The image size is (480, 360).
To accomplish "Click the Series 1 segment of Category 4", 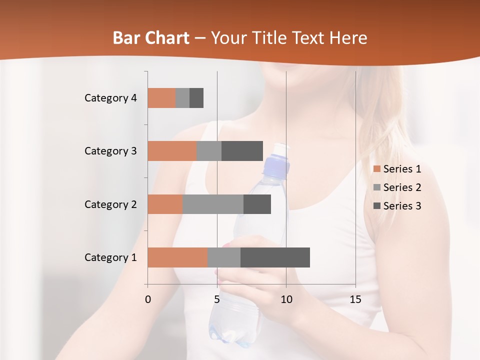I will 161,98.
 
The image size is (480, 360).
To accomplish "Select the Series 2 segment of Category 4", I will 182,98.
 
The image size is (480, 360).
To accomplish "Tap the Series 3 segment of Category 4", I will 196,98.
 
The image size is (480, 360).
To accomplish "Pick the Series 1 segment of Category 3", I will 172,151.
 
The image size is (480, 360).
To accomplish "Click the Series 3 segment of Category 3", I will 242,151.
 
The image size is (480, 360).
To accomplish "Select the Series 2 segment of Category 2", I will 213,204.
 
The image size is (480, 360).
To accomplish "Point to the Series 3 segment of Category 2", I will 257,204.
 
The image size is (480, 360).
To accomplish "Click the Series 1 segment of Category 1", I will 177,257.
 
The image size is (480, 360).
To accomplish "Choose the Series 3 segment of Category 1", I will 275,257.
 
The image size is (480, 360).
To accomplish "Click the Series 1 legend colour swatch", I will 376,169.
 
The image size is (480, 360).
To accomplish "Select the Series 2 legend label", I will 402,187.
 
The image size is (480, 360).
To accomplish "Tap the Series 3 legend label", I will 402,206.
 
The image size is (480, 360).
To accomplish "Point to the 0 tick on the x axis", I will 148,299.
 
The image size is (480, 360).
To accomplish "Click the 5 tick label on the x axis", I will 217,299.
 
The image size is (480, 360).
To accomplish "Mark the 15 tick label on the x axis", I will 355,299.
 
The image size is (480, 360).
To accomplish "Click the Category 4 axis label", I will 110,98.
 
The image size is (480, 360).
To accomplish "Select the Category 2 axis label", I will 110,204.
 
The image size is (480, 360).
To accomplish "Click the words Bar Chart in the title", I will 151,37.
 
